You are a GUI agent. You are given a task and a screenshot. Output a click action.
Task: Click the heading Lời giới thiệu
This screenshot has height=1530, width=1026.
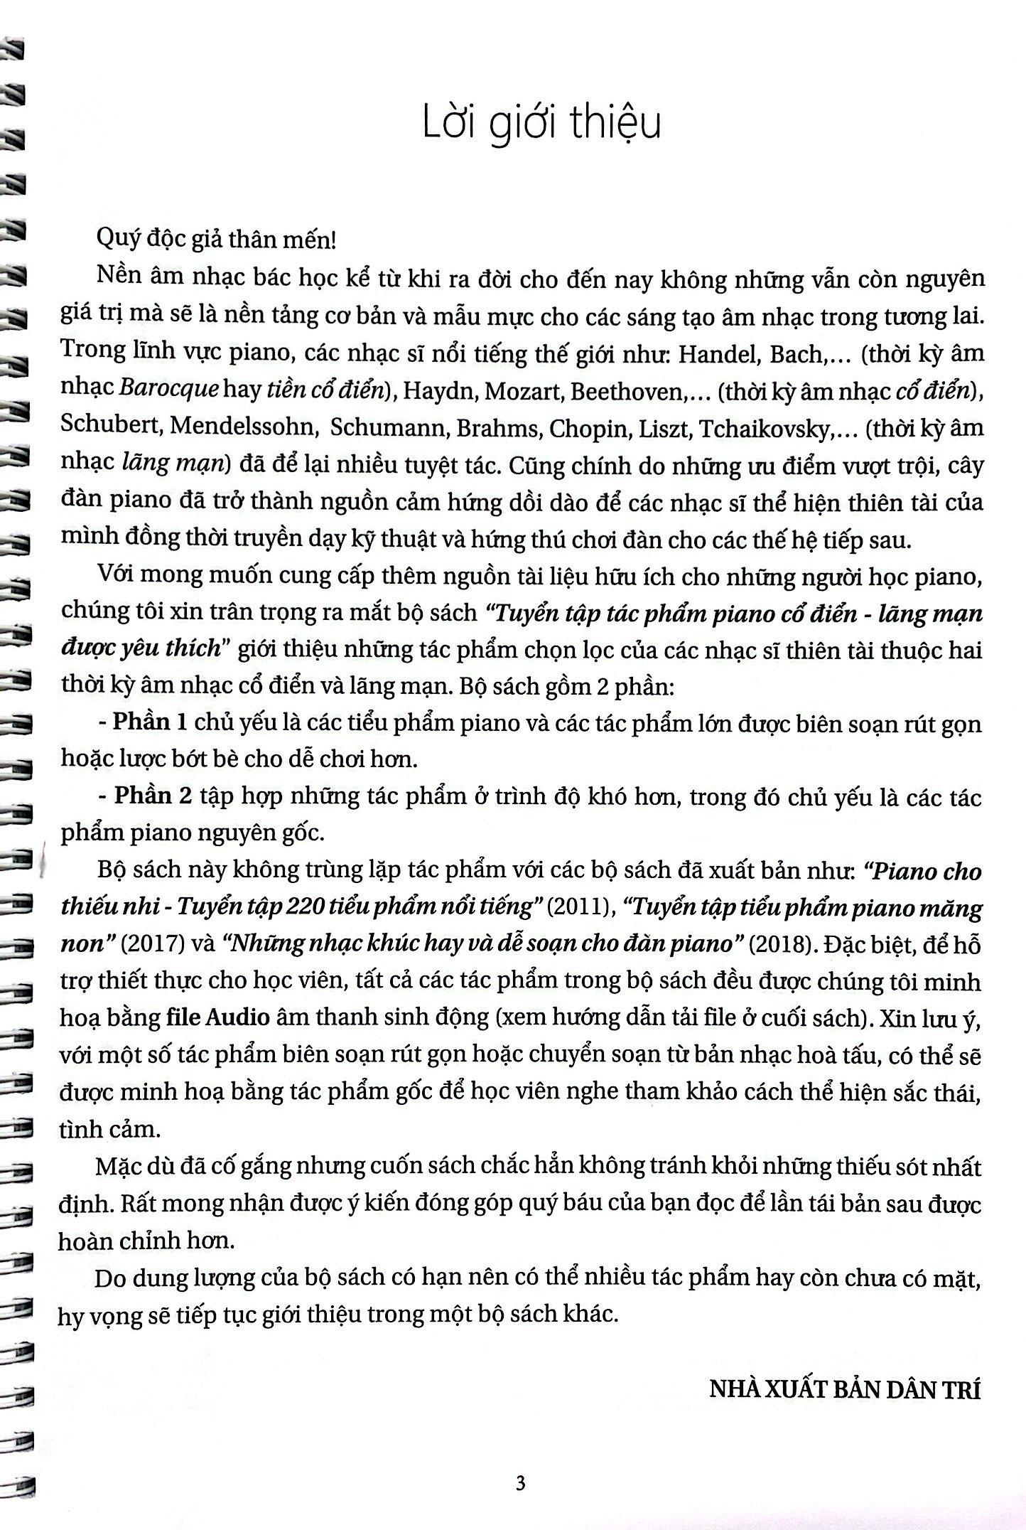(x=541, y=123)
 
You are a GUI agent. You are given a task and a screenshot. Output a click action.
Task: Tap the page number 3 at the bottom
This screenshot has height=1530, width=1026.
(x=520, y=1482)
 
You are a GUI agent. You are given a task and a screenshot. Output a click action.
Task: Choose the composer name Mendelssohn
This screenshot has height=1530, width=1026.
(x=243, y=428)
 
